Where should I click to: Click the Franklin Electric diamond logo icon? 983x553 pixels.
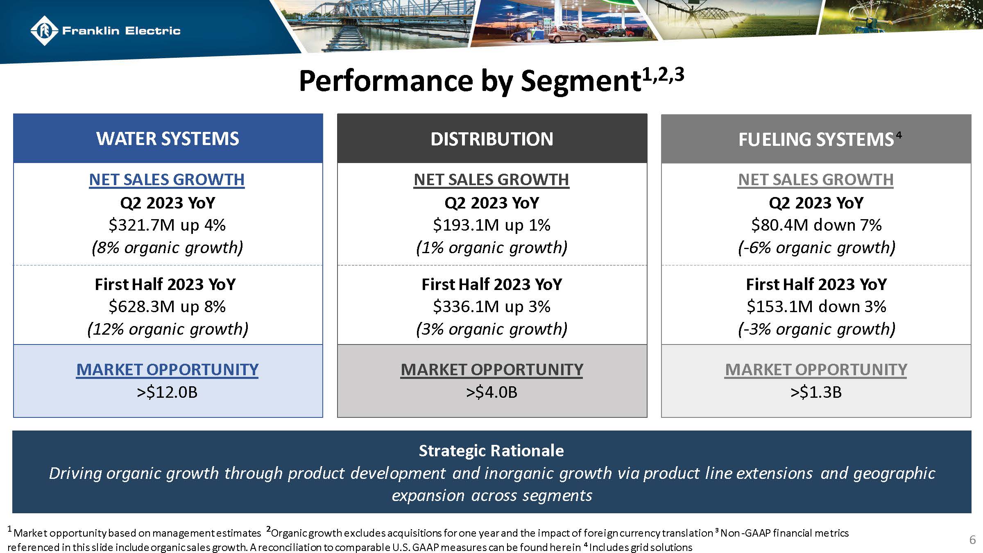(44, 30)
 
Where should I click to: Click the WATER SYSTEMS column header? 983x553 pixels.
(168, 139)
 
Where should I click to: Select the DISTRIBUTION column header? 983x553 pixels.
(491, 139)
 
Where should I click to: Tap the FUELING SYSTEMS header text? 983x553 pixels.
(815, 140)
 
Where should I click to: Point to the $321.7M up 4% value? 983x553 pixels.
(167, 225)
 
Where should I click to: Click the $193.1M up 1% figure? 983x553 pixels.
(491, 225)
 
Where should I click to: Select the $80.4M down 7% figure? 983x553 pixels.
(816, 225)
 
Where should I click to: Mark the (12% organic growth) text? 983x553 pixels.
(168, 329)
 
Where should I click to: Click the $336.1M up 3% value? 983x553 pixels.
(491, 306)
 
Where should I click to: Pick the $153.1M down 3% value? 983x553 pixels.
(816, 306)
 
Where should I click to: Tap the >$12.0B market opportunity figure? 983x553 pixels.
(167, 392)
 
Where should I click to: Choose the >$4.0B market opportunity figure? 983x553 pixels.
(491, 392)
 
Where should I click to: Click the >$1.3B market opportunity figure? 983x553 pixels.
(816, 392)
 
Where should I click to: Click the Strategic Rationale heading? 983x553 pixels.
(491, 451)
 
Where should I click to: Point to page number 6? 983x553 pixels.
(972, 540)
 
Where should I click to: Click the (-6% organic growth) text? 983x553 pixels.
(816, 247)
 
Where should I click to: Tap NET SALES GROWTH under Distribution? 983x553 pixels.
(491, 179)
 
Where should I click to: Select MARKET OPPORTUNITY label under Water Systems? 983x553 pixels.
(167, 369)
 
